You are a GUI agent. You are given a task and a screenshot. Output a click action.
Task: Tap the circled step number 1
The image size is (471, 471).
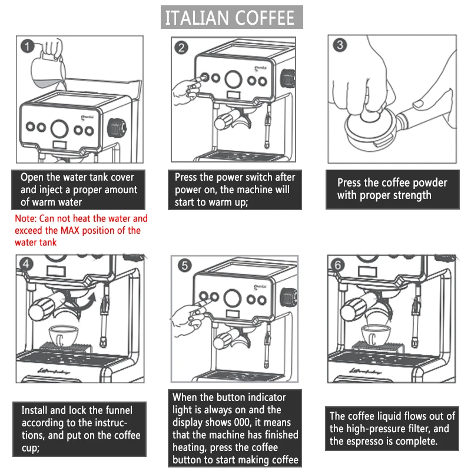click(x=27, y=45)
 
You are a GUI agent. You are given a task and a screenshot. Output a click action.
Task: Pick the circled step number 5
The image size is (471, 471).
click(x=184, y=266)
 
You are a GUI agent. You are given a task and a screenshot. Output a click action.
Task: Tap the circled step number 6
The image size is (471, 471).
click(x=338, y=265)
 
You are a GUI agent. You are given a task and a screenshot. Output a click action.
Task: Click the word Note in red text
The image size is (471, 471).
click(x=26, y=218)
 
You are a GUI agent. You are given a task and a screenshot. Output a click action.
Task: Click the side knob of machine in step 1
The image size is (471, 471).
click(x=118, y=126)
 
